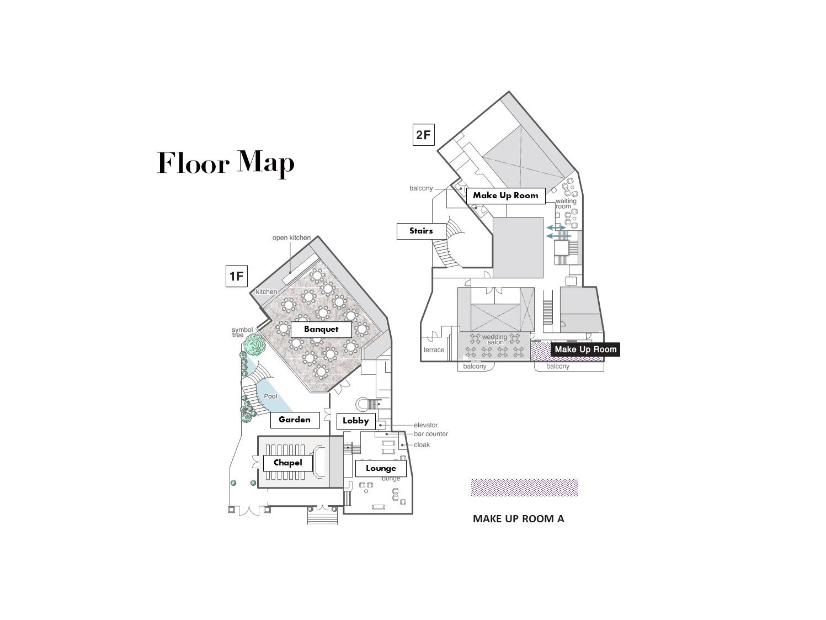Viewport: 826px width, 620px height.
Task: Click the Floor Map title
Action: click(226, 163)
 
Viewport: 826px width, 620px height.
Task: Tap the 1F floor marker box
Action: click(236, 276)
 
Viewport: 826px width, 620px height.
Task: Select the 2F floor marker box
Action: click(423, 134)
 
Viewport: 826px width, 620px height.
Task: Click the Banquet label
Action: click(321, 329)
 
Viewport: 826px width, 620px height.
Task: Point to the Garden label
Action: click(295, 420)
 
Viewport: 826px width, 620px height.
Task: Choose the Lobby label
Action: click(355, 421)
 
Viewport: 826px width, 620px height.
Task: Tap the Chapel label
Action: click(287, 463)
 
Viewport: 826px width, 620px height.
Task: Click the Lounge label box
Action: click(381, 468)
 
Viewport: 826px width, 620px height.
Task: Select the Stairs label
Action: click(421, 231)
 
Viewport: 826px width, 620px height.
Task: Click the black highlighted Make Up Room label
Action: click(585, 349)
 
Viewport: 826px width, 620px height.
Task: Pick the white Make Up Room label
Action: click(505, 196)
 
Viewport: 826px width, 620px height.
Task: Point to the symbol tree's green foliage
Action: click(254, 345)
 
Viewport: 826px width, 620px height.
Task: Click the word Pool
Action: click(270, 396)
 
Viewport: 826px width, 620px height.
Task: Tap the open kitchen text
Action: click(292, 237)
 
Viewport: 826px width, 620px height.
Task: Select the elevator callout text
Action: click(425, 425)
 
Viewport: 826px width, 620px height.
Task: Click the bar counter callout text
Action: click(431, 433)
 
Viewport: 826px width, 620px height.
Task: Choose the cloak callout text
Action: click(422, 444)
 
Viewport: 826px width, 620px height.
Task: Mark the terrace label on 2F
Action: click(434, 349)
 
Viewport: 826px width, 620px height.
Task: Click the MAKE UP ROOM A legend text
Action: click(519, 519)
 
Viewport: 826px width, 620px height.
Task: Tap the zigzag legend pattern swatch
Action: click(525, 487)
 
